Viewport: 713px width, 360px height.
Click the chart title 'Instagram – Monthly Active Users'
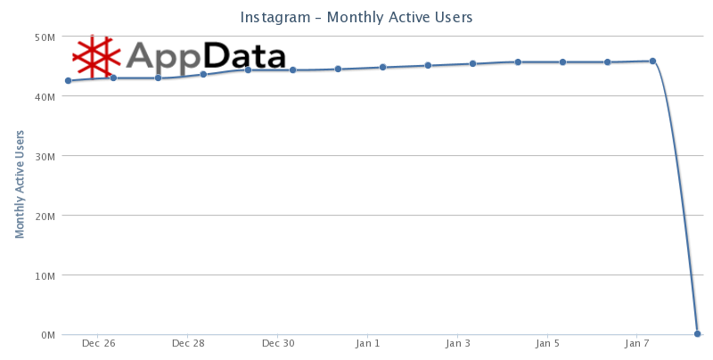point(356,17)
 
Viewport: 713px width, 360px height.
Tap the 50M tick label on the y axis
point(45,37)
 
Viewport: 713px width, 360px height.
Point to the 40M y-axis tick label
point(45,96)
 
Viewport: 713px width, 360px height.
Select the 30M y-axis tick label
point(45,156)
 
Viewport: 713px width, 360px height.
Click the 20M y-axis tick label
point(45,216)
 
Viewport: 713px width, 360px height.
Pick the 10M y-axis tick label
point(45,275)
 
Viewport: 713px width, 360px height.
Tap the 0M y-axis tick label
point(47,335)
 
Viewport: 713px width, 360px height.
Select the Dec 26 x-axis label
point(98,343)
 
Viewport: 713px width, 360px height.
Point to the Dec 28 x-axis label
point(188,343)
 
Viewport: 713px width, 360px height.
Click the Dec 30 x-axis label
point(278,343)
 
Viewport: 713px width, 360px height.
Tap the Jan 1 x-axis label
point(368,343)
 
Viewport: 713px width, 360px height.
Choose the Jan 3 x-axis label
point(458,343)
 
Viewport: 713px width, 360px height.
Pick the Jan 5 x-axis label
point(548,343)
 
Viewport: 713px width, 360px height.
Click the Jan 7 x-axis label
point(638,343)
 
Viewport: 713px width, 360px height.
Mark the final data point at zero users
point(698,334)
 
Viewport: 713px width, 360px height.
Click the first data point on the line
point(68,81)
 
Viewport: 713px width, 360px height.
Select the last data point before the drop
point(653,61)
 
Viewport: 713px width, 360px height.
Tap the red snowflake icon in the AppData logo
point(95,56)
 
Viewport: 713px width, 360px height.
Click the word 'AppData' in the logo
point(206,56)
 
